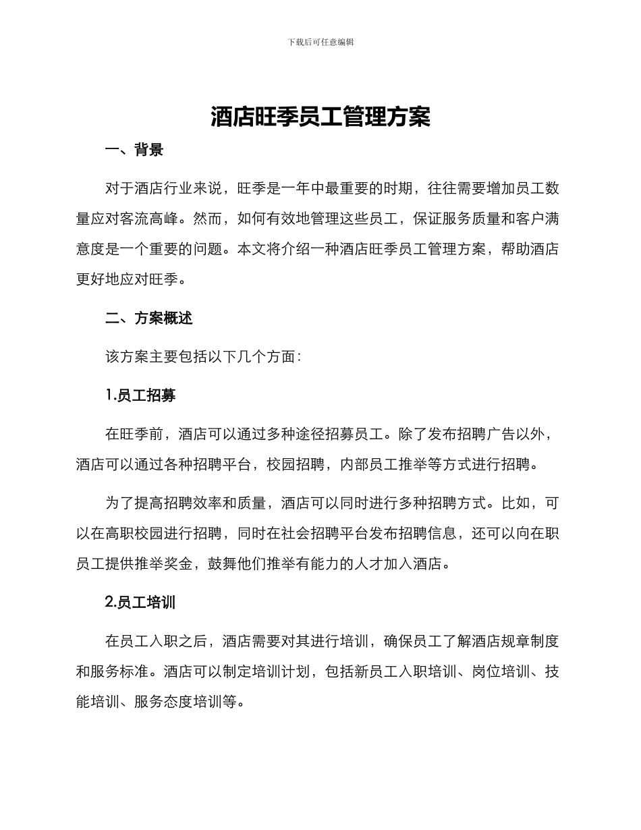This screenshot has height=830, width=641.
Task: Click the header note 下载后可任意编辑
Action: click(x=320, y=42)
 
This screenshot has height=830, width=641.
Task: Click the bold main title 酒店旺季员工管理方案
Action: click(x=320, y=117)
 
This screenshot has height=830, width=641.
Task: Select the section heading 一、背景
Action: click(x=134, y=150)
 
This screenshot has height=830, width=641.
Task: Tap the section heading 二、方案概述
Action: click(x=149, y=319)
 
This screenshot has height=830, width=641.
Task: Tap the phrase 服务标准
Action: click(x=120, y=671)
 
